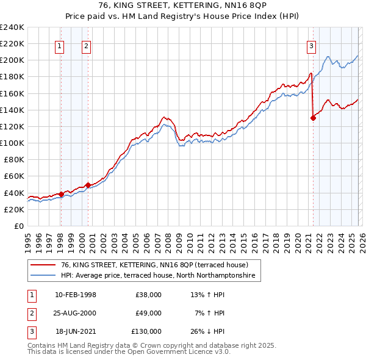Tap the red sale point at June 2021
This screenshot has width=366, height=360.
(x=314, y=118)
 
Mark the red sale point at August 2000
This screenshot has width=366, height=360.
(x=88, y=185)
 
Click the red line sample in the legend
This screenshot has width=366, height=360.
(x=43, y=265)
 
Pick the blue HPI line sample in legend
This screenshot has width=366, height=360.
(x=43, y=276)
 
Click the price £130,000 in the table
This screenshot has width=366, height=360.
(x=146, y=331)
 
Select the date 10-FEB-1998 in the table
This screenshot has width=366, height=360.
(x=76, y=295)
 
